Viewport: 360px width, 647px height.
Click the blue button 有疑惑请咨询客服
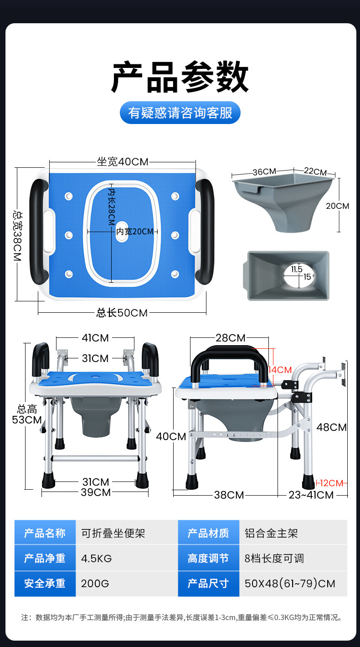coord(180,113)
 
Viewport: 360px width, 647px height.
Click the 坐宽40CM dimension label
coord(123,162)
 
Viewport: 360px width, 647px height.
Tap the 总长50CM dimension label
coord(122,313)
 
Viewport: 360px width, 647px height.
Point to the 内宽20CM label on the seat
coord(135,232)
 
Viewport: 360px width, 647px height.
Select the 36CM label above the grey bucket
coord(264,172)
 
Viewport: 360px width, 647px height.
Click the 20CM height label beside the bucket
coord(338,206)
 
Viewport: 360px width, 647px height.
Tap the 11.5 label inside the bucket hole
coord(297,269)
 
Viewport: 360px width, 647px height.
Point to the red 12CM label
coord(331,483)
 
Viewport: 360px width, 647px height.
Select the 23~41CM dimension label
coord(311,495)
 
